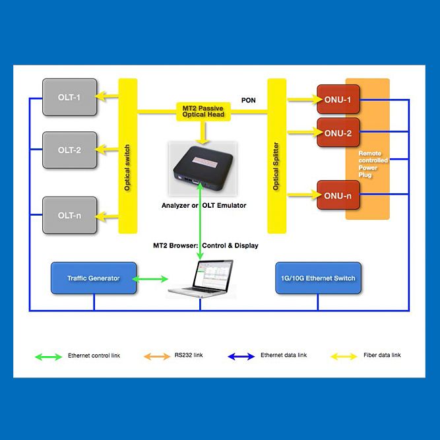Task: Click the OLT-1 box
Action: pos(69,96)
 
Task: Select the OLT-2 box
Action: pos(69,150)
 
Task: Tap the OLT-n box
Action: pos(69,214)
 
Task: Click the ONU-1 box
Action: pos(338,100)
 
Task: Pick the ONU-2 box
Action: pos(338,133)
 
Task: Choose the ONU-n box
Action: pos(338,195)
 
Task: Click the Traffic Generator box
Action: pos(94,278)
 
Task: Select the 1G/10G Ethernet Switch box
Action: pos(318,278)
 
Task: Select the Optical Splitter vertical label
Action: pos(276,166)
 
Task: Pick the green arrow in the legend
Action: pos(47,356)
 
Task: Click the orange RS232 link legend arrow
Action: pos(156,356)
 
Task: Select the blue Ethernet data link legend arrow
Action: pos(241,356)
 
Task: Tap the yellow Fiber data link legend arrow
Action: pos(344,356)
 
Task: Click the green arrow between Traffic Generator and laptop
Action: pos(151,279)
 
